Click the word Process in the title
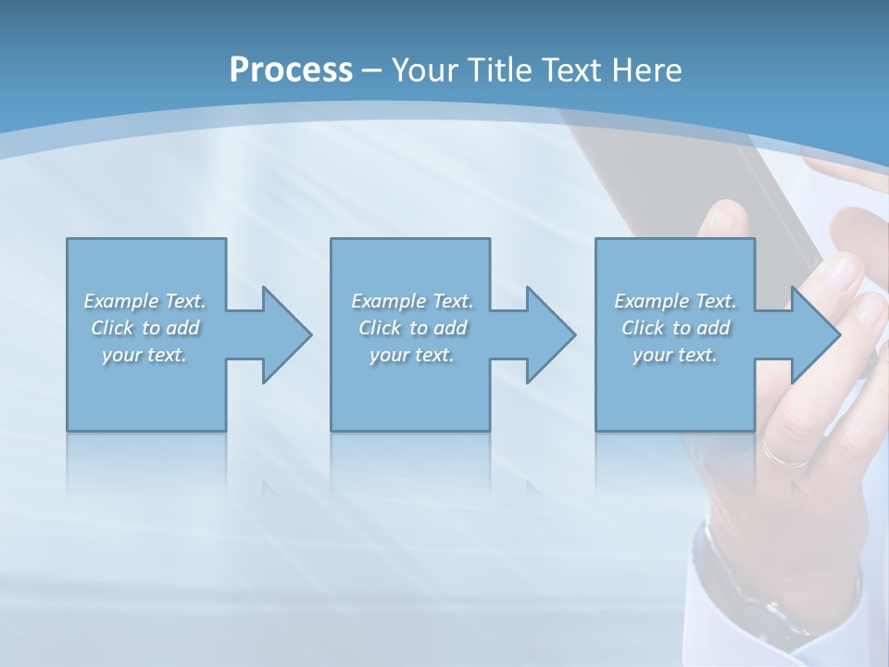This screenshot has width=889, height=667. (291, 69)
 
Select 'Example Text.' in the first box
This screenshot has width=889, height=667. (144, 301)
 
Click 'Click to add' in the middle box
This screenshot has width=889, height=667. (412, 328)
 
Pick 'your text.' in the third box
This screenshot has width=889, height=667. (675, 355)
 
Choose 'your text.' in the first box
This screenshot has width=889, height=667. (144, 355)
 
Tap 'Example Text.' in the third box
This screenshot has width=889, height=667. (675, 301)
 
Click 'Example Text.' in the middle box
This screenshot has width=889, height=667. (412, 301)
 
